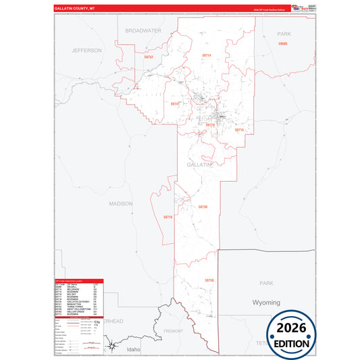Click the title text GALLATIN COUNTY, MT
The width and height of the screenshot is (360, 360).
[76, 9]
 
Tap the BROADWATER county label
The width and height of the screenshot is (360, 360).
[143, 30]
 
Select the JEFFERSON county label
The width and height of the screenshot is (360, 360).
[86, 50]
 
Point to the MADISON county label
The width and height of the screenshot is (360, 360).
[122, 203]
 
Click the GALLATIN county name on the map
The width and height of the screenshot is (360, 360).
[199, 164]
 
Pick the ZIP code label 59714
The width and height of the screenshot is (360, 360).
[206, 55]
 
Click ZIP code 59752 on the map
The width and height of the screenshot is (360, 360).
[149, 57]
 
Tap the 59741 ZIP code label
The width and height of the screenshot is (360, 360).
[175, 104]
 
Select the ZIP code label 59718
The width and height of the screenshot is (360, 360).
[210, 125]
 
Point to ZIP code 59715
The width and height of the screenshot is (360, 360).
[238, 129]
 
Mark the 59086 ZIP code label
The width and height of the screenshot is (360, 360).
[282, 44]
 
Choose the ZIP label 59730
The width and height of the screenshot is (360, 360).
[203, 207]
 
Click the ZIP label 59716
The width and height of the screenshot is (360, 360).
[168, 217]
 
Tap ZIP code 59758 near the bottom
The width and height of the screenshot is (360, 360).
[209, 280]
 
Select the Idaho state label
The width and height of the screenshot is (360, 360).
[133, 349]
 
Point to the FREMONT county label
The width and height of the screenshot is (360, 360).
[174, 331]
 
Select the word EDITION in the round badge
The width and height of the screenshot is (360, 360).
[292, 343]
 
